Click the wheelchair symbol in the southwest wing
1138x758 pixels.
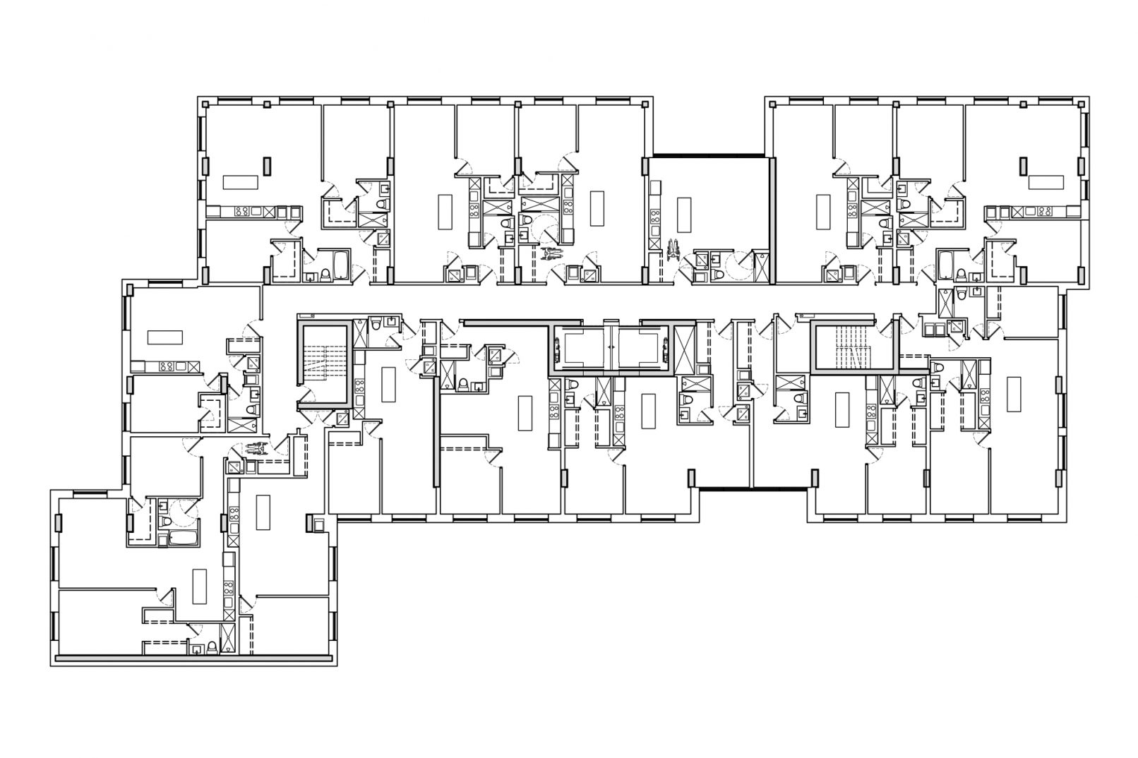[x=256, y=447]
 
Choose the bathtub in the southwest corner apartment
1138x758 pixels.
[x=184, y=540]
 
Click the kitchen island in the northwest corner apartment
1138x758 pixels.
[x=241, y=182]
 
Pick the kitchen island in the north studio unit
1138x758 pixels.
[x=683, y=215]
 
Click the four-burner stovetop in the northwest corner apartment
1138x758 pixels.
[x=240, y=211]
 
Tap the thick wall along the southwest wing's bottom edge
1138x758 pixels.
[x=194, y=658]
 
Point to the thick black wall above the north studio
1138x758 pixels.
[x=709, y=155]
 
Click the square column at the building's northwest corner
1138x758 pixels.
[x=205, y=104]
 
